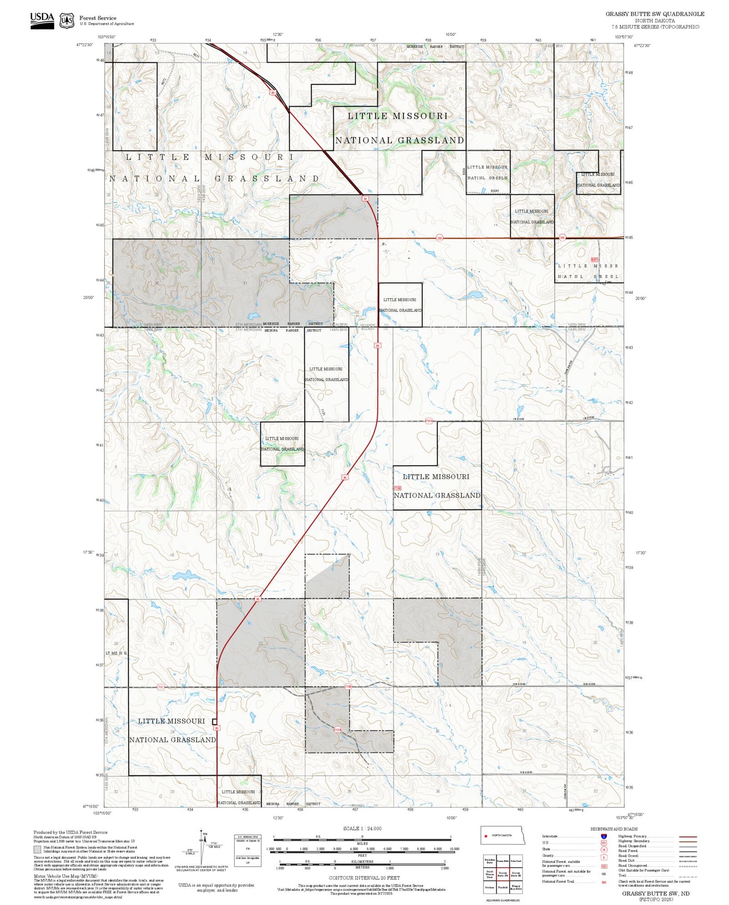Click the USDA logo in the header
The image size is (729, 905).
42,20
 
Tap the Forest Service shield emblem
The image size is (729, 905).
66,21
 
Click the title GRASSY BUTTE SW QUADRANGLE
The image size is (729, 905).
655,14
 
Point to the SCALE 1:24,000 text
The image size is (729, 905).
362,828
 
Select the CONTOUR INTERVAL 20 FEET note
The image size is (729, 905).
362,878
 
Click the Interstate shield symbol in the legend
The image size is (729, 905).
604,836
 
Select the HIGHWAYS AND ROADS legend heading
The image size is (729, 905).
614,829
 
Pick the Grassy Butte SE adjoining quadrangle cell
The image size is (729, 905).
516,874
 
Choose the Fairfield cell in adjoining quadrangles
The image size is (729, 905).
502,887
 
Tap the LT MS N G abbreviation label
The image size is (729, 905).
116,653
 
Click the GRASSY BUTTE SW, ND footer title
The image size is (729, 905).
655,893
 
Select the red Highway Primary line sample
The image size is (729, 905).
688,836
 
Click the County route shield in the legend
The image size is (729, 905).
604,856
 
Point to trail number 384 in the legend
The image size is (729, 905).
604,882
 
